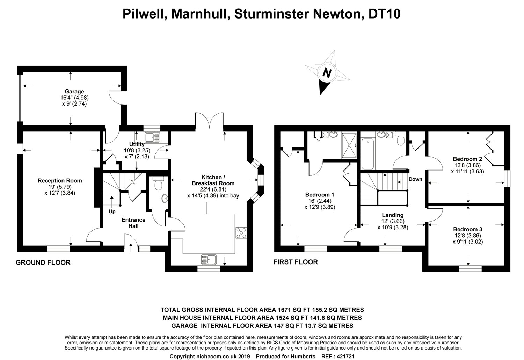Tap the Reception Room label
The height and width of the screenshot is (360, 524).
coord(60,181)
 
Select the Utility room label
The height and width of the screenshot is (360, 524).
coord(137,144)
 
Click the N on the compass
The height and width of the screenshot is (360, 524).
coord(327,73)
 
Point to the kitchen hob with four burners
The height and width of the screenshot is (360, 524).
coord(241,233)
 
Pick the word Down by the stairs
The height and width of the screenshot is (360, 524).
coord(415,179)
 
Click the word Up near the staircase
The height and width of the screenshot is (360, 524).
coord(112,211)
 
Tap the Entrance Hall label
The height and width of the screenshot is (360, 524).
coord(133,223)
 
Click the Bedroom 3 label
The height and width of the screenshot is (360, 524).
coord(468,229)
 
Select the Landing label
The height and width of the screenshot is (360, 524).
coord(393,215)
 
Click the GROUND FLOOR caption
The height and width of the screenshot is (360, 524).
coord(43,262)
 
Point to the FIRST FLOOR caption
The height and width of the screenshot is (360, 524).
coord(296,262)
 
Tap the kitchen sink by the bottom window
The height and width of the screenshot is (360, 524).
coord(209,259)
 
